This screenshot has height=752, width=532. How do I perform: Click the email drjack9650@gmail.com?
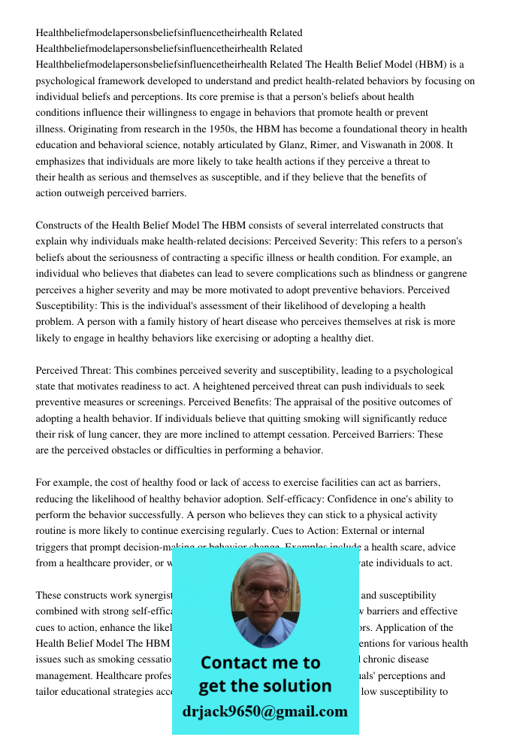pyautogui.click(x=264, y=711)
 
